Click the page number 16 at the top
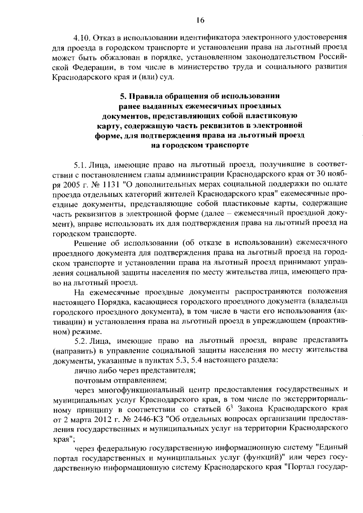click(200, 20)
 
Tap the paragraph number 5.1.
click(81, 165)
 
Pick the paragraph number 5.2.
click(81, 341)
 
